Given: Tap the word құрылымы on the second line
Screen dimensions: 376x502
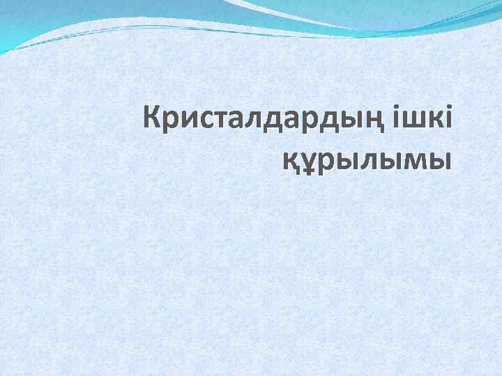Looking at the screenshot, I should tap(366, 159).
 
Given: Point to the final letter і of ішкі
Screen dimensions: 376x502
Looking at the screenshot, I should tap(448, 119).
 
